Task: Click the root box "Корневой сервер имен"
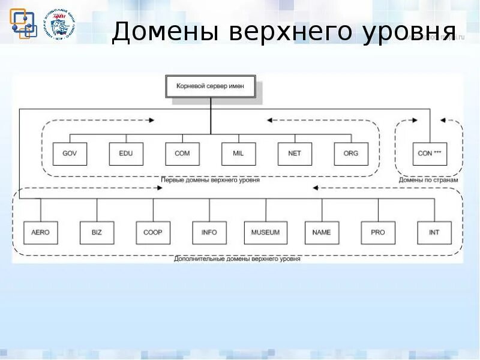coord(210,86)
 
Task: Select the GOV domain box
coord(70,154)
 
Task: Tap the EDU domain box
coord(126,154)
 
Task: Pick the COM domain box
coord(182,154)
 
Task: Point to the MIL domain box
coord(238,154)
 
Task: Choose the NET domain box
coord(295,154)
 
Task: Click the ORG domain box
coord(350,154)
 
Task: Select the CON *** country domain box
coord(430,154)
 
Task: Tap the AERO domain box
coord(41,232)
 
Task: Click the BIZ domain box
coord(97,232)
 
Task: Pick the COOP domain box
coord(153,232)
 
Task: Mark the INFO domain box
coord(209,232)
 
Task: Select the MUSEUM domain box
coord(265,232)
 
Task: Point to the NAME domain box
coord(322,232)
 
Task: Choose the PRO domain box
coord(378,232)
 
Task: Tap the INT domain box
coord(434,232)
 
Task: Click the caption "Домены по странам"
coord(428,180)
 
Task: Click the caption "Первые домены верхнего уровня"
coord(210,180)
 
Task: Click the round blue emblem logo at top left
coord(62,25)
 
